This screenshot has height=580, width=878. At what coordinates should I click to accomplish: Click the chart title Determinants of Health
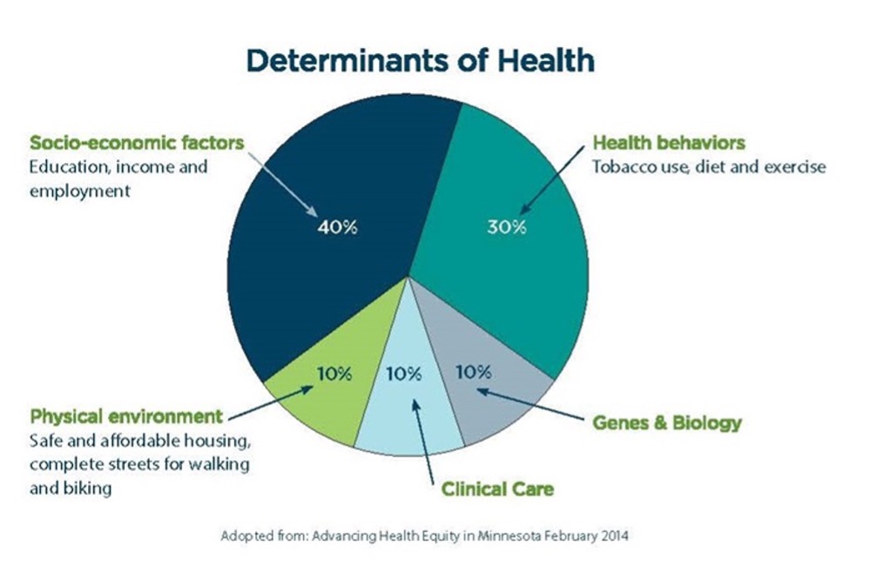(x=421, y=61)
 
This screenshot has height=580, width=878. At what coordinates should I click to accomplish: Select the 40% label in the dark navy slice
(x=336, y=227)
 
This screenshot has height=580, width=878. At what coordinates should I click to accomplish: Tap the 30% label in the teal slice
(x=506, y=227)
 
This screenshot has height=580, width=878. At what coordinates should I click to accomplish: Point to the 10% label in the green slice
(x=334, y=374)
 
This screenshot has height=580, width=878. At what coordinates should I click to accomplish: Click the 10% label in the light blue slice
(x=403, y=374)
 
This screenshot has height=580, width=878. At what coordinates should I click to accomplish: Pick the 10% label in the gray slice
(x=473, y=372)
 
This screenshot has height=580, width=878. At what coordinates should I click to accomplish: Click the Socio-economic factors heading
(x=137, y=142)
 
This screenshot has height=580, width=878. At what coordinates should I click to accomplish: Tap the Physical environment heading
(x=126, y=415)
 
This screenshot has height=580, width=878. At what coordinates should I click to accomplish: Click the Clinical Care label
(x=496, y=489)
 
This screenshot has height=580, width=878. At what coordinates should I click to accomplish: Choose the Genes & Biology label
(x=666, y=423)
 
